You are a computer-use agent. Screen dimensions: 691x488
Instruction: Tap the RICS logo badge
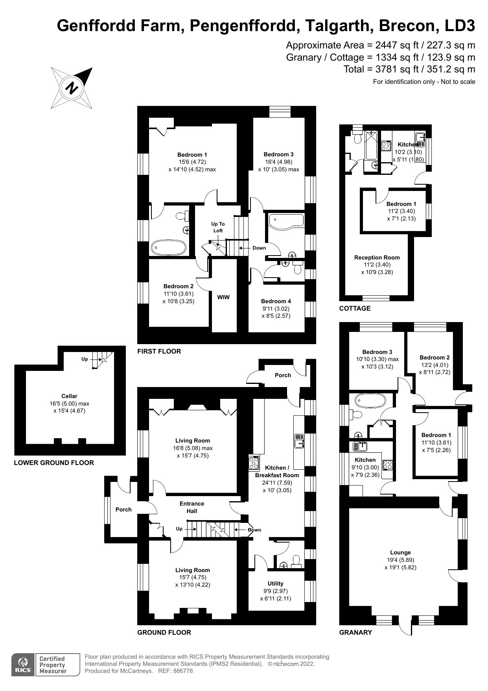click(22, 665)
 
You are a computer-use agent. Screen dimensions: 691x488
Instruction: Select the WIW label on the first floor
click(223, 297)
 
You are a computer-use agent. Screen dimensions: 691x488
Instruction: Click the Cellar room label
click(69, 396)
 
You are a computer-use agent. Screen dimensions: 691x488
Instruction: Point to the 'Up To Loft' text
click(218, 227)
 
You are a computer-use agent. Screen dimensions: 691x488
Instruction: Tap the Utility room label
click(275, 584)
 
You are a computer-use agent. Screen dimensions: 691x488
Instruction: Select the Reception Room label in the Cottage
click(377, 258)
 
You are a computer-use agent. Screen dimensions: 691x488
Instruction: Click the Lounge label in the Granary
click(400, 552)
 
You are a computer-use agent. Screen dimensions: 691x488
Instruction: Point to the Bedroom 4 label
click(276, 301)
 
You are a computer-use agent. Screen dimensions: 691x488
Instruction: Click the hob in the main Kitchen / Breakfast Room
click(254, 463)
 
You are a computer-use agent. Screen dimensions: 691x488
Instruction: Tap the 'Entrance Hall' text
click(192, 507)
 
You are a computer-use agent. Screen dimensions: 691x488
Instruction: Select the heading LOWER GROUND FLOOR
click(54, 463)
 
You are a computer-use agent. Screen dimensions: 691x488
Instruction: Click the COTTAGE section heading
click(355, 308)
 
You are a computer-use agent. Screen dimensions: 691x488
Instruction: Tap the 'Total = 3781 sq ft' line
click(409, 69)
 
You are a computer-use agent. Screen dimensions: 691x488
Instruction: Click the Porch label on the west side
click(123, 509)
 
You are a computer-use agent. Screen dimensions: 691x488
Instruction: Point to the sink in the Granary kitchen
click(360, 446)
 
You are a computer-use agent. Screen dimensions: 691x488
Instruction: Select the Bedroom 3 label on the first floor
click(278, 154)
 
